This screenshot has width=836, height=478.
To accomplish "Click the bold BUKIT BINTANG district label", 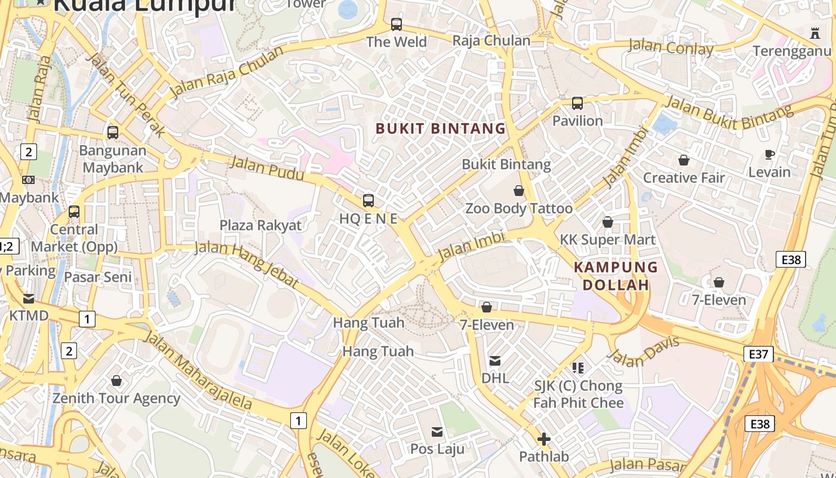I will click(x=441, y=128).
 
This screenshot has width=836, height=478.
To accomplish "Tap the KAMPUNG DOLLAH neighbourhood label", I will click(x=616, y=276).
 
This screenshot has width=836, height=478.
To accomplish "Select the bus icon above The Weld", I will click(x=397, y=24).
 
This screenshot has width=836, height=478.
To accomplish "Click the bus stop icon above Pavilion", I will click(x=577, y=103).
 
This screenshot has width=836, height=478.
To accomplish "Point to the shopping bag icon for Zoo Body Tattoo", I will click(x=519, y=191).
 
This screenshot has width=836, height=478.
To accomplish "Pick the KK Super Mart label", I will click(x=607, y=240).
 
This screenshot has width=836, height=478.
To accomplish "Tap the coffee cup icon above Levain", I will click(x=770, y=155).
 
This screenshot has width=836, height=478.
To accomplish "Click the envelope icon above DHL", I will click(x=495, y=361).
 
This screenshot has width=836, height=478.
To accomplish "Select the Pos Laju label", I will click(x=437, y=448).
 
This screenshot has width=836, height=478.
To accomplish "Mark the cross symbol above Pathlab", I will click(x=543, y=440).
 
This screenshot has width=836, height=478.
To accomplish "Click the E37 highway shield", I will click(x=758, y=354).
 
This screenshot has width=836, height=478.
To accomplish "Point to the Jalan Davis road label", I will click(x=644, y=352).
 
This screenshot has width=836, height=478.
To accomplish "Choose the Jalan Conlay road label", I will click(x=671, y=47).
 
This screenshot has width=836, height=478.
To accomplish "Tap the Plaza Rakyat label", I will click(x=260, y=225).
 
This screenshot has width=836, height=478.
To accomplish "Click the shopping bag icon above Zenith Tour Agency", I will click(x=116, y=381).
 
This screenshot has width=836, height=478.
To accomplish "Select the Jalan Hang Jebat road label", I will click(x=247, y=264).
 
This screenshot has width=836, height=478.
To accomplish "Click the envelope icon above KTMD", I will click(x=29, y=298).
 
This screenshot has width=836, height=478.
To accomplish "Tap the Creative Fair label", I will click(x=683, y=177).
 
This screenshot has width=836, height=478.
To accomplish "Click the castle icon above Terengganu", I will click(x=815, y=33).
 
